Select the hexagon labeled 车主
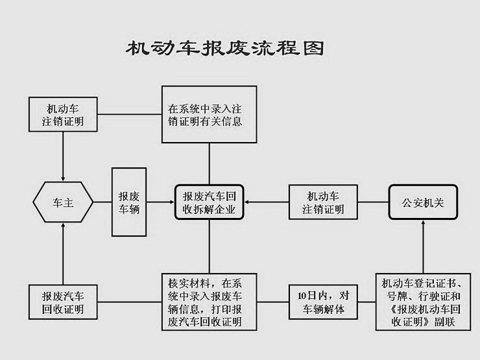click(x=63, y=202)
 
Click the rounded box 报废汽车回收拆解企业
click(x=209, y=202)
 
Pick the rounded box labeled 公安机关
click(x=423, y=202)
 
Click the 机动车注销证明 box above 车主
click(x=63, y=114)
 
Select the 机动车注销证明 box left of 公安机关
click(x=322, y=202)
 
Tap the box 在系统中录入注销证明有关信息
click(x=209, y=114)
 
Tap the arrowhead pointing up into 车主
click(x=63, y=226)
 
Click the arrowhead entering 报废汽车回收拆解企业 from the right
click(x=248, y=202)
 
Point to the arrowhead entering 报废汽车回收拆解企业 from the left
click(x=171, y=202)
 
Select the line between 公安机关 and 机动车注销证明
click(x=372, y=202)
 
